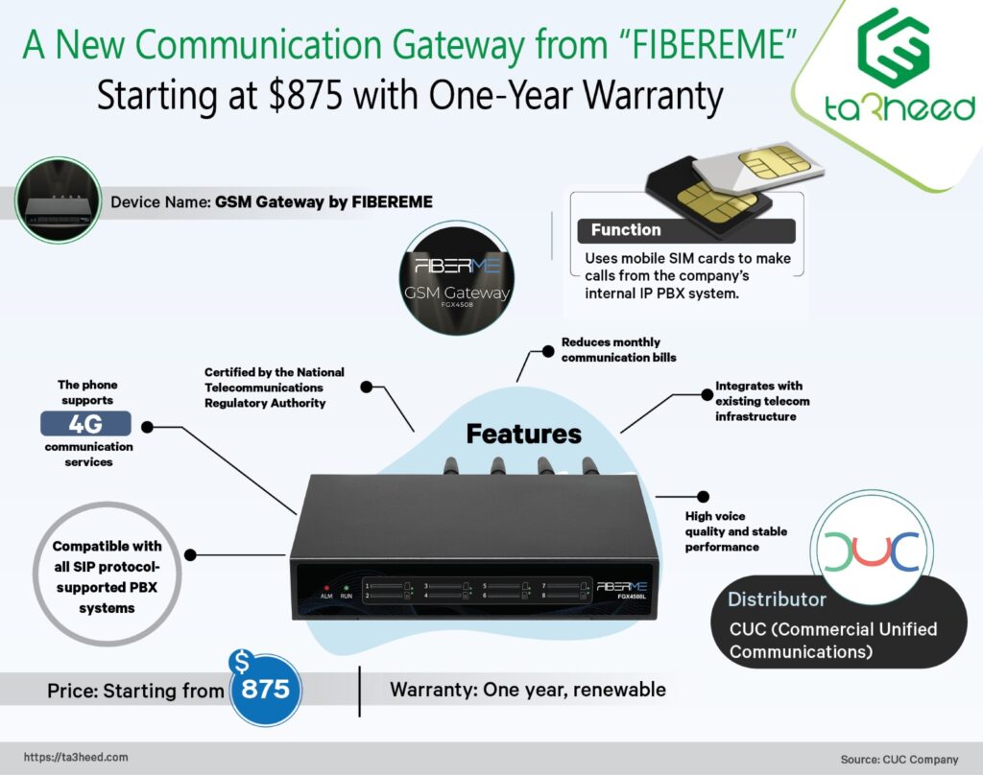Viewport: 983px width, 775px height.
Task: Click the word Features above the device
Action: click(x=523, y=434)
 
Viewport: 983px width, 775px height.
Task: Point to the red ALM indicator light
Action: click(x=326, y=586)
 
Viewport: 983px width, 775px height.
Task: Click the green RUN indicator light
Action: click(x=346, y=586)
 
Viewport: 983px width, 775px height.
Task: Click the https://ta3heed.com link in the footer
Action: click(x=75, y=757)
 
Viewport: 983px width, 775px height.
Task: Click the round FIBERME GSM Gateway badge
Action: click(x=455, y=278)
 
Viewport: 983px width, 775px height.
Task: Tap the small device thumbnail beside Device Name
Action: click(x=58, y=200)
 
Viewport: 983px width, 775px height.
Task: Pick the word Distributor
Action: click(x=777, y=600)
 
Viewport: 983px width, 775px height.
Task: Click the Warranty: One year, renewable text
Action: click(x=527, y=690)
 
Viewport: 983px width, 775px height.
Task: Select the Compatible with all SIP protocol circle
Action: click(x=107, y=576)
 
